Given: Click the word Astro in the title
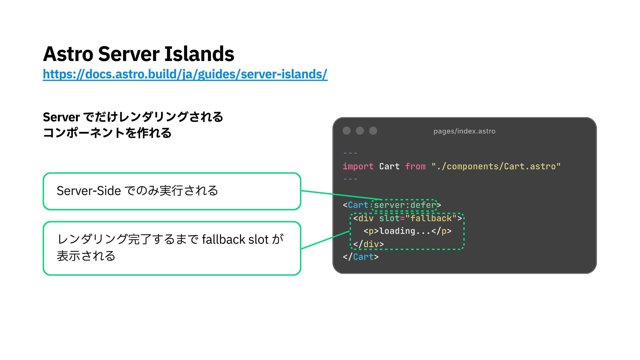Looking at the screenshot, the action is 68,54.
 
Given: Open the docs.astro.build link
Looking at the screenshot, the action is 185,74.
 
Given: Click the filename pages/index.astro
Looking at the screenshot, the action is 464,131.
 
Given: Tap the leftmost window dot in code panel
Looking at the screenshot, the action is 347,131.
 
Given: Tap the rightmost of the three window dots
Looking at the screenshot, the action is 373,131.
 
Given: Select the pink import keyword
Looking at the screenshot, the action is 358,166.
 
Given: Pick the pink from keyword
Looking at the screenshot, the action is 415,166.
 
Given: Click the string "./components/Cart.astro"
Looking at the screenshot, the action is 496,166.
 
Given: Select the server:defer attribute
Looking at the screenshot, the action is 405,205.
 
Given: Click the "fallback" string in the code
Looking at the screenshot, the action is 431,218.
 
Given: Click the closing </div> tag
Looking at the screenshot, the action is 368,244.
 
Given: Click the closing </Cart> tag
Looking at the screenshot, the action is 361,257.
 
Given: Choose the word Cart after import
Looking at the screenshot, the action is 389,166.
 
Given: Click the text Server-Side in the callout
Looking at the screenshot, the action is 89,191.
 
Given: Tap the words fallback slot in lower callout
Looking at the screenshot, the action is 235,240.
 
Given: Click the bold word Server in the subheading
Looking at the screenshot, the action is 61,117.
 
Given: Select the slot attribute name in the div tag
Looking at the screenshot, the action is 389,218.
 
